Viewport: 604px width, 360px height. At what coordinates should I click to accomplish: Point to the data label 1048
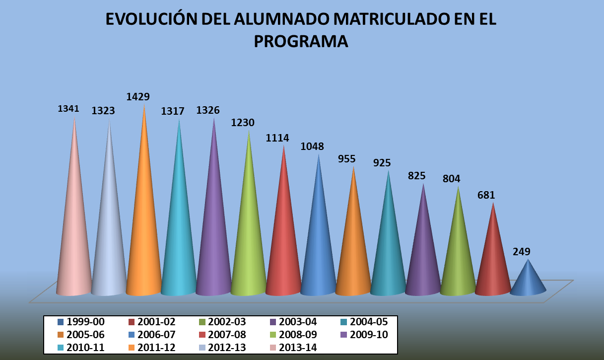coord(312,146)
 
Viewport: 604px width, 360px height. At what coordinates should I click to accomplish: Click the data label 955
coord(347,159)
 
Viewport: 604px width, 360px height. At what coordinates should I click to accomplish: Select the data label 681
coord(486,195)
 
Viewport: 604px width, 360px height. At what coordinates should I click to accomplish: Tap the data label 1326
coord(208,110)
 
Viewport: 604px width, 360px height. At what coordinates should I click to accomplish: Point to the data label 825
coord(417,175)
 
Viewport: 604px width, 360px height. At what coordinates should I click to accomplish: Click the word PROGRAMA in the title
coord(301,42)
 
